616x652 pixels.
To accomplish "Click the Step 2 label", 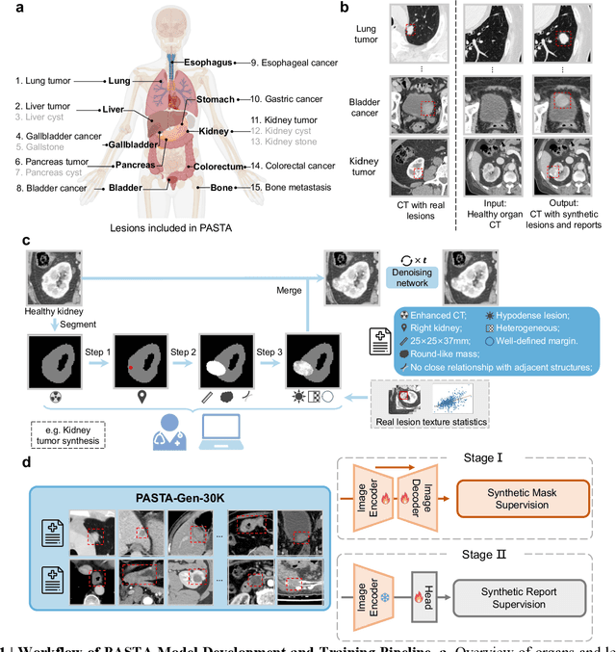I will (x=185, y=325).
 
